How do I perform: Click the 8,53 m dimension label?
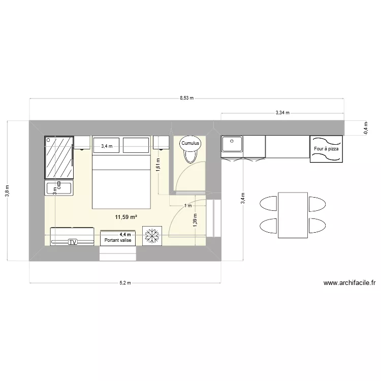186,98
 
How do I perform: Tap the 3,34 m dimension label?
282,113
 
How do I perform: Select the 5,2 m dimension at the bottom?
125,282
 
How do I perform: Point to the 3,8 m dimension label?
7,190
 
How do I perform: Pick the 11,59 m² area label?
126,217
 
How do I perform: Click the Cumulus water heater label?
191,144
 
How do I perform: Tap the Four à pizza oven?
326,149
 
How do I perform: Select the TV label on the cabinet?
73,242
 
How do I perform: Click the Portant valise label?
118,240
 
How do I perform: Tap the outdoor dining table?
293,214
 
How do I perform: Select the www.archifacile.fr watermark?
349,283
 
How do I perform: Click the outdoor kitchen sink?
233,144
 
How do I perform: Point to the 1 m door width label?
187,206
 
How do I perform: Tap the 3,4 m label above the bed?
107,146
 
